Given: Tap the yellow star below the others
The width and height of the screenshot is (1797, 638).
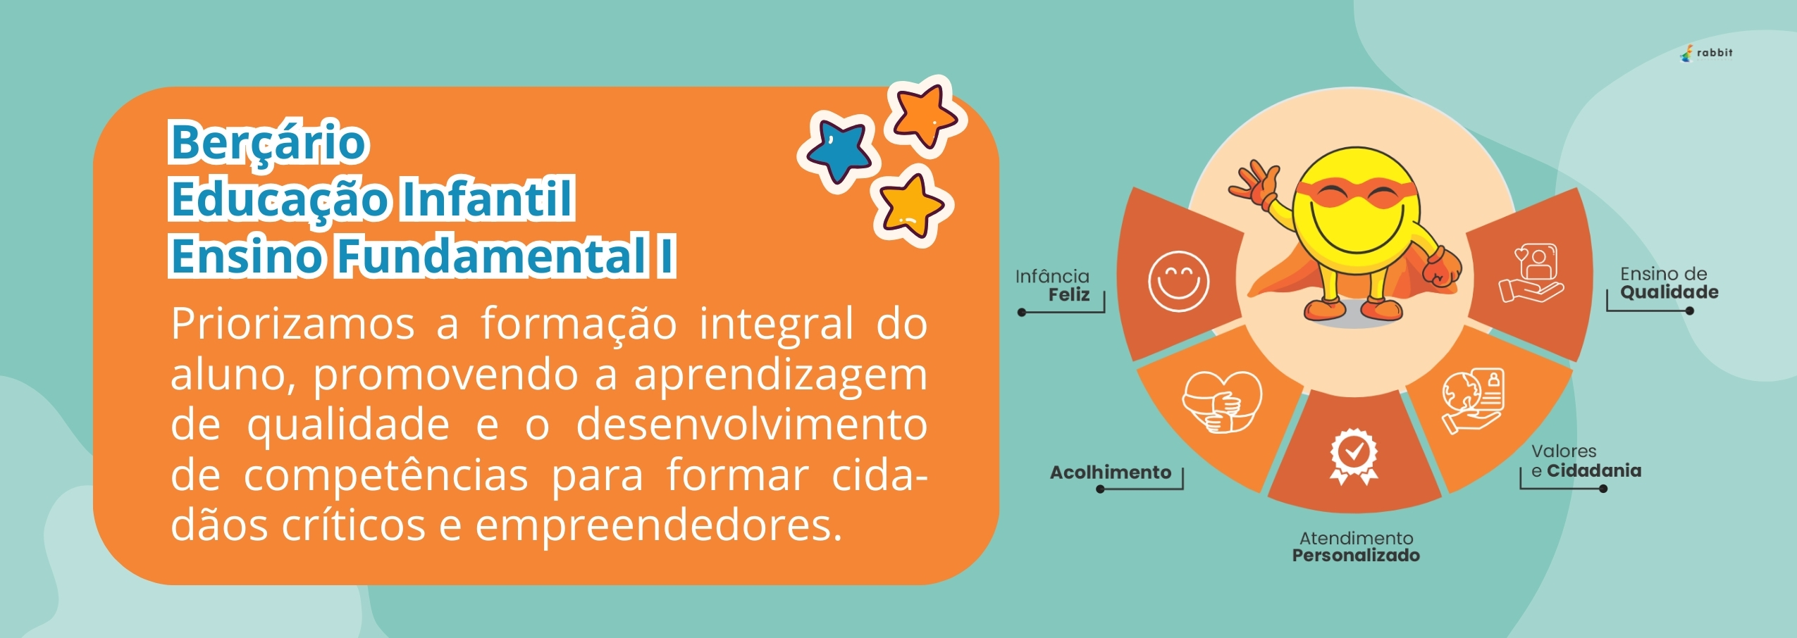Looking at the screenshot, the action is click(x=911, y=206).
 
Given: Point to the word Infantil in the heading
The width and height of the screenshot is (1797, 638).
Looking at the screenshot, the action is click(x=487, y=199).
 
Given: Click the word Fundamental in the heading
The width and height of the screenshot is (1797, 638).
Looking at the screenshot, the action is click(x=492, y=255).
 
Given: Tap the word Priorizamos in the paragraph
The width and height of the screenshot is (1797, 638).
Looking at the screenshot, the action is click(x=293, y=325).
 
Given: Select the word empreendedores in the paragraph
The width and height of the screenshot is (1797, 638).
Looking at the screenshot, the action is click(x=659, y=525).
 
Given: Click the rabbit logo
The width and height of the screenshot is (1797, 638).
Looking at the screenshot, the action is click(x=1706, y=54).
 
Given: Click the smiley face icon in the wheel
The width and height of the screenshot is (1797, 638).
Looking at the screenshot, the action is click(x=1178, y=281).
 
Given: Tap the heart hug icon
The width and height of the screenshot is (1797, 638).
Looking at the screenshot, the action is click(x=1221, y=401).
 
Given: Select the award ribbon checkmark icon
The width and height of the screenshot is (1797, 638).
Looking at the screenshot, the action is click(x=1353, y=456).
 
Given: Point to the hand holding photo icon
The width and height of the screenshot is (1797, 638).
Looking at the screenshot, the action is click(x=1531, y=273).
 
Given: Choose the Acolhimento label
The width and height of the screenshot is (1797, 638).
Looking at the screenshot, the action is click(x=1111, y=472).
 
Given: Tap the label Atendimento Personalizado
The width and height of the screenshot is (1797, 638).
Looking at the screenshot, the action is click(x=1356, y=547).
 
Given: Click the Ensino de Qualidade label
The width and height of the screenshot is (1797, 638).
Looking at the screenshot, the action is click(x=1669, y=283).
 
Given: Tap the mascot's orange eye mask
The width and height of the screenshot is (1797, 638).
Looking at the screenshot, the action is click(x=1356, y=192).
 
